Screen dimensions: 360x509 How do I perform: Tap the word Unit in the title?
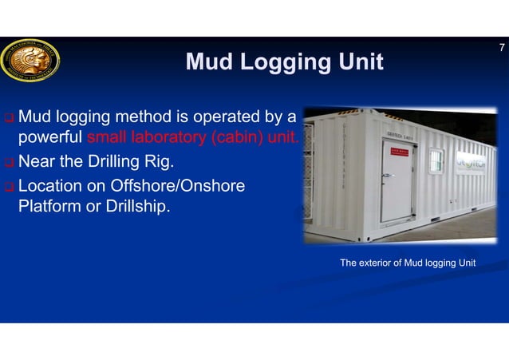coord(359,61)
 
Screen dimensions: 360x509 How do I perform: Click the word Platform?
coord(50,207)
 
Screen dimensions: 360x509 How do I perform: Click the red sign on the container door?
coord(397,148)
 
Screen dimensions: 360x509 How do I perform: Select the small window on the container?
coord(436,160)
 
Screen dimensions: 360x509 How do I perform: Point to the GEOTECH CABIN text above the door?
coord(399,135)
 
